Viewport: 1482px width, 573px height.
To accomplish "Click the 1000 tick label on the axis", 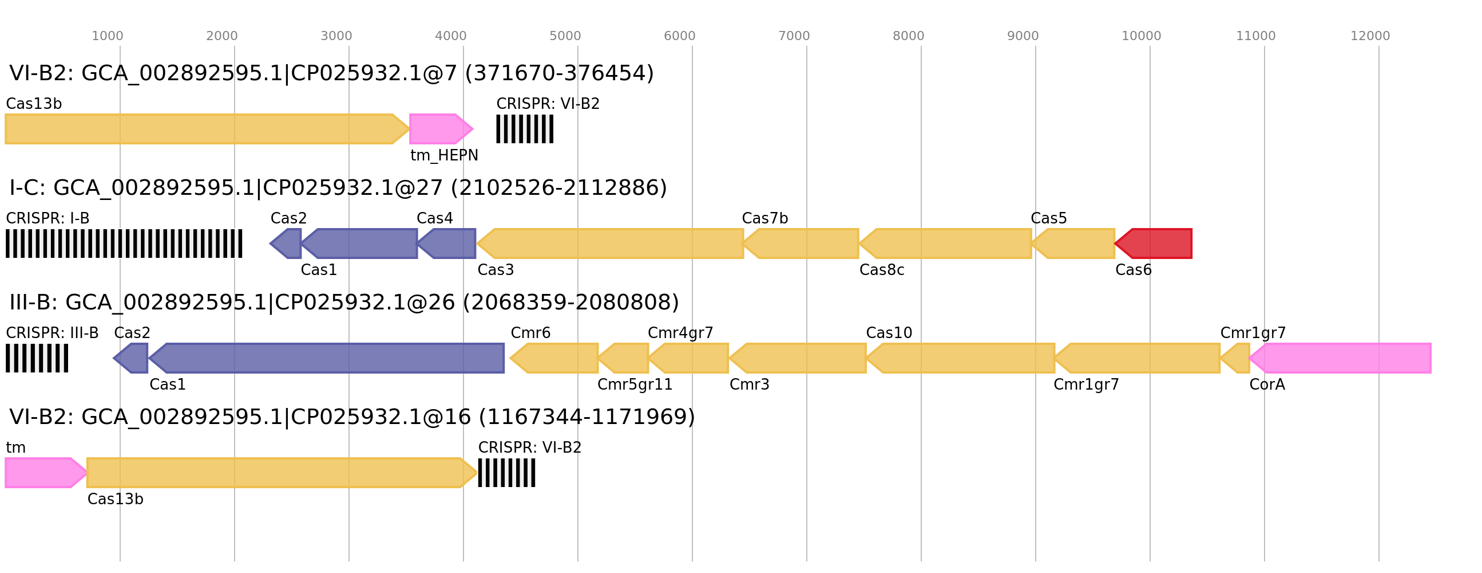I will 107,36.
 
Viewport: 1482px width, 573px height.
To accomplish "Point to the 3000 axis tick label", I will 336,36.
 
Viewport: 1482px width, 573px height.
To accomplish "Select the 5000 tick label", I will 565,36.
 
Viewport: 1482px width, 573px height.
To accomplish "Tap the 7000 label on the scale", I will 794,36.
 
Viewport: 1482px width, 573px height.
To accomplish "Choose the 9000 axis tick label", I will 1023,36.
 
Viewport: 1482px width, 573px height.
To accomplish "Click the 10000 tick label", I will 1141,36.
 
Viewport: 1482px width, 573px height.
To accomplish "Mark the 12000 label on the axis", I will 1370,36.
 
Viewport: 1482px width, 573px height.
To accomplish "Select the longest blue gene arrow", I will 328,358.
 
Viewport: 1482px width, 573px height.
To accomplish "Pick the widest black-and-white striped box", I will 124,244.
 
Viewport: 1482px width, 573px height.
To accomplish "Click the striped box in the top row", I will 524,129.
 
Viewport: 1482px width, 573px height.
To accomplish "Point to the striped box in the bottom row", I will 506,473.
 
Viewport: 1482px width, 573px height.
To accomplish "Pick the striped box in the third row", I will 37,358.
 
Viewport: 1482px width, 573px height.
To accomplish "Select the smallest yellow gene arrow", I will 1237,358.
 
